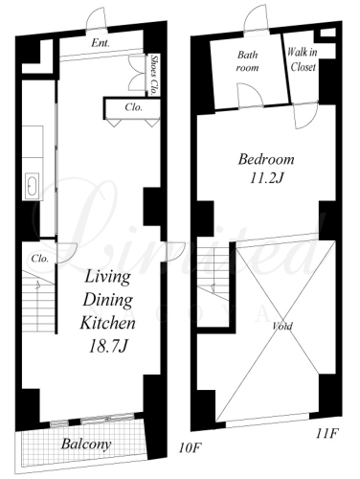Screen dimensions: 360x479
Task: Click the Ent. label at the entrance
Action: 101,43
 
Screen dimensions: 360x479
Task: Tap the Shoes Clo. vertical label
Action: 154,76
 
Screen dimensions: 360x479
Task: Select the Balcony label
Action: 86,444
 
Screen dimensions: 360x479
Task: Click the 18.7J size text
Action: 108,346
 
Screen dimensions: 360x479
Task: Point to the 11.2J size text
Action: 267,178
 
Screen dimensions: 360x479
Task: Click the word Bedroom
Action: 266,159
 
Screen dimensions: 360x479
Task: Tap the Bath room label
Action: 247,61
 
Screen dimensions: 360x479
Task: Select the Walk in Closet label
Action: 303,59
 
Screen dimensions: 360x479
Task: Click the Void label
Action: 282,326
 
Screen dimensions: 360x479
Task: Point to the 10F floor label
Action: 190,448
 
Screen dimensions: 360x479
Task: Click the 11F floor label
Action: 327,434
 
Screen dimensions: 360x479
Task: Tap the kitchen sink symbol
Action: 32,187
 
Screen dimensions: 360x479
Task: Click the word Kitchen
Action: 107,323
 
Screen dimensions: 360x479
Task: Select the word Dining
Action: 108,300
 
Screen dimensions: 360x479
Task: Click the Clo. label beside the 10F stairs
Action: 40,258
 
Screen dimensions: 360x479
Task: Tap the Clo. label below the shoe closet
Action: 134,107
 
